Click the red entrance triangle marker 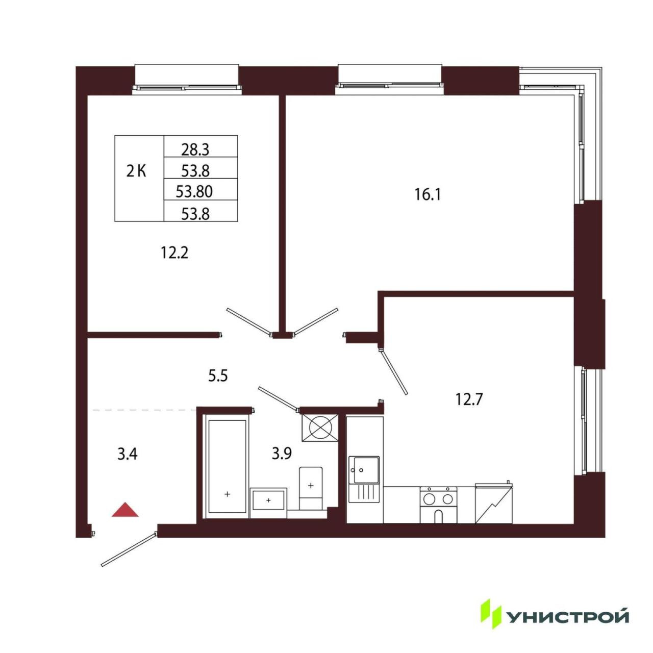[125, 510]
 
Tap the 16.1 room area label [428, 195]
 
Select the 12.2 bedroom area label [174, 253]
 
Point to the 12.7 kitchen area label [469, 399]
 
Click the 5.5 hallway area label [217, 376]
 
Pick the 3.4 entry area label [128, 454]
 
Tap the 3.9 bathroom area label [282, 454]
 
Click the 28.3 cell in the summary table [195, 149]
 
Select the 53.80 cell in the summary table [194, 192]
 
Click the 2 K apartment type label [136, 172]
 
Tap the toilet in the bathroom [310, 489]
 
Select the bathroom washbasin [268, 499]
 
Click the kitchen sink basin [364, 470]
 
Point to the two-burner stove [439, 505]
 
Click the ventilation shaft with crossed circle [320, 428]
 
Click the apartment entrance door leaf [129, 550]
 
